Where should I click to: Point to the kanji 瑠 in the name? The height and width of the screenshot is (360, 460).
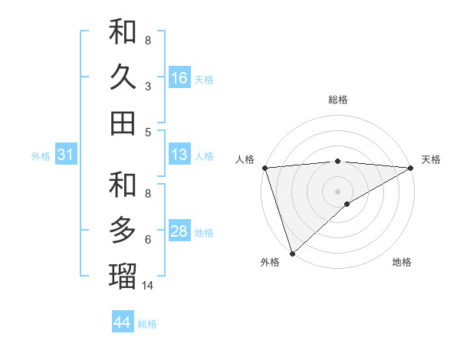pyautogui.click(x=123, y=276)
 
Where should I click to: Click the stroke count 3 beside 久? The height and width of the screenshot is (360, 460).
pyautogui.click(x=148, y=86)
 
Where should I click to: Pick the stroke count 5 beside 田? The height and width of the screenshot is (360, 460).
pyautogui.click(x=148, y=132)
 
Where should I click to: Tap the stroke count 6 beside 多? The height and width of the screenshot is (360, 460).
pyautogui.click(x=148, y=239)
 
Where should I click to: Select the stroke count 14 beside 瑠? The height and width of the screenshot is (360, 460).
pyautogui.click(x=148, y=286)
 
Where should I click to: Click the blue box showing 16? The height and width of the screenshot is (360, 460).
pyautogui.click(x=179, y=78)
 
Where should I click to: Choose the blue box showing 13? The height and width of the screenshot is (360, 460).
pyautogui.click(x=179, y=155)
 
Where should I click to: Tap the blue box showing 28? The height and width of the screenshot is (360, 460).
pyautogui.click(x=179, y=232)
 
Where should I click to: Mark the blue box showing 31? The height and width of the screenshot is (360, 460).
pyautogui.click(x=65, y=155)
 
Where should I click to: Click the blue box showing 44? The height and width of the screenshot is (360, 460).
pyautogui.click(x=123, y=322)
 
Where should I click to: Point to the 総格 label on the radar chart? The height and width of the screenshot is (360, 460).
pyautogui.click(x=337, y=100)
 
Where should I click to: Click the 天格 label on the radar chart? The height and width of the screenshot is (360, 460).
pyautogui.click(x=431, y=159)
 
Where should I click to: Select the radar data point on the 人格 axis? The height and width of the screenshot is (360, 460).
pyautogui.click(x=264, y=167)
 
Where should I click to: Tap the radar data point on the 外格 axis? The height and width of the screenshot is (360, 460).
pyautogui.click(x=293, y=253)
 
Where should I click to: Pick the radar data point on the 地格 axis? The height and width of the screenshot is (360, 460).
pyautogui.click(x=347, y=204)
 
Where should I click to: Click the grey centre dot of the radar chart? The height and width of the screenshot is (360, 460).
pyautogui.click(x=337, y=190)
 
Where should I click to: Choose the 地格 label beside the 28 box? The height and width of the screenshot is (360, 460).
pyautogui.click(x=204, y=233)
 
